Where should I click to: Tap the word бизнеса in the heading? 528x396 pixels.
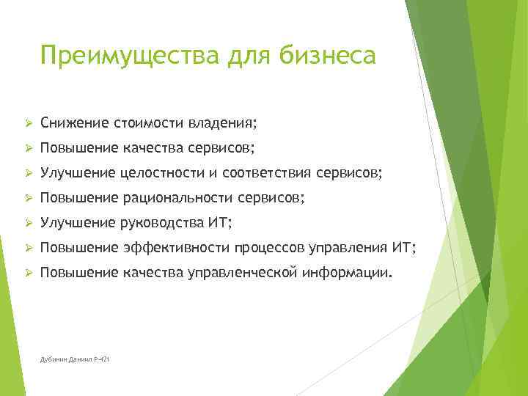tap(323, 55)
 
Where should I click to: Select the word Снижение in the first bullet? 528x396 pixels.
tap(73, 121)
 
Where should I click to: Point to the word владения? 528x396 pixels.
tap(227, 121)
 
